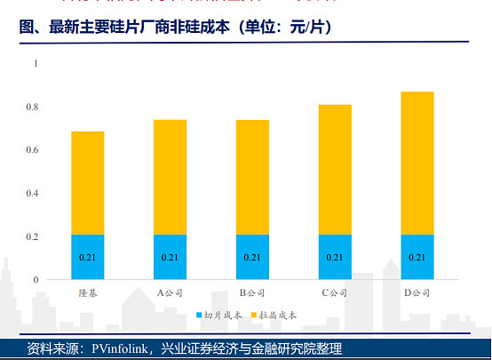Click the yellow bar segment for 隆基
88,182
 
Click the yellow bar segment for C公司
335,169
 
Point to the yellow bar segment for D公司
417,163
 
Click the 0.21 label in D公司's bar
417,258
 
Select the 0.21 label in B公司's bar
252,258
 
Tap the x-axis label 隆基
88,292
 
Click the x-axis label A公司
170,292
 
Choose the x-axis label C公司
335,292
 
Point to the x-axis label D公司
417,292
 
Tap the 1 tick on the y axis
36,64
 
